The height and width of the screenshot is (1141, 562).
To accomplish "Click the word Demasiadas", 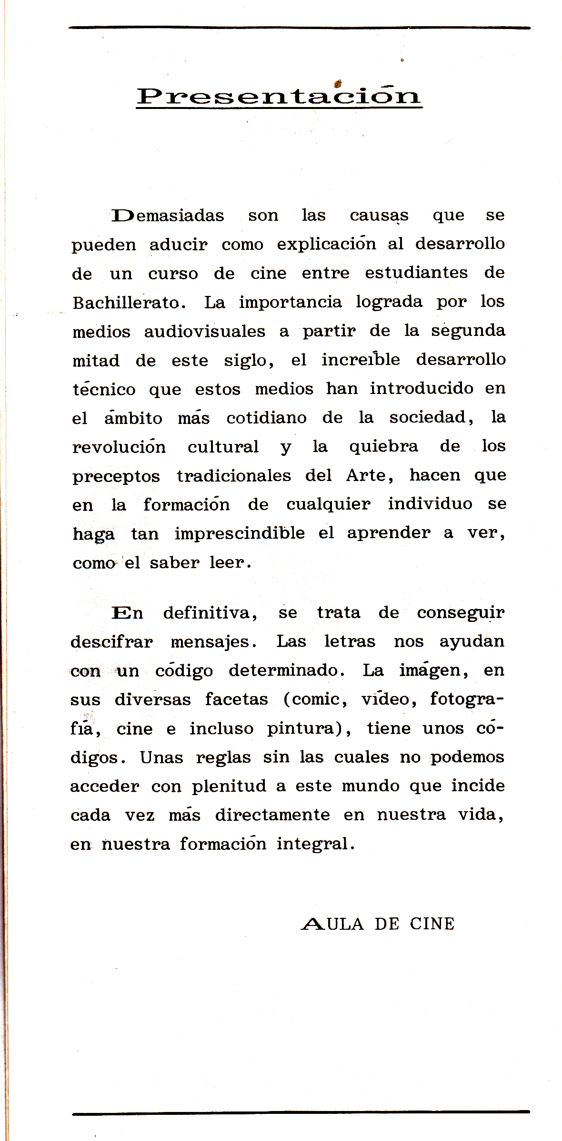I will (x=168, y=216).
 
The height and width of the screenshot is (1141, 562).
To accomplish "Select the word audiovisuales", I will (x=205, y=332).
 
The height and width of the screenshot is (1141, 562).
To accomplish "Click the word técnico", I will (x=104, y=389).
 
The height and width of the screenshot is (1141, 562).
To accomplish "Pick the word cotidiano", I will (x=266, y=418).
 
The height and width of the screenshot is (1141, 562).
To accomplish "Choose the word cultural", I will (x=223, y=447).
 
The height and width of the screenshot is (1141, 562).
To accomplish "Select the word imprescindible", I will (x=240, y=533).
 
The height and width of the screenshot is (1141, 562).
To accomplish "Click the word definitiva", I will (x=210, y=613).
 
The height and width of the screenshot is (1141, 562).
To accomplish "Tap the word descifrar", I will (x=112, y=642).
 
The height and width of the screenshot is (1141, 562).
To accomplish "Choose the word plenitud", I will (x=229, y=786).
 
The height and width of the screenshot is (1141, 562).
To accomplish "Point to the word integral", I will (x=316, y=844).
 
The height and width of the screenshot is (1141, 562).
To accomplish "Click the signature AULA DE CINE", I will (x=378, y=924).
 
